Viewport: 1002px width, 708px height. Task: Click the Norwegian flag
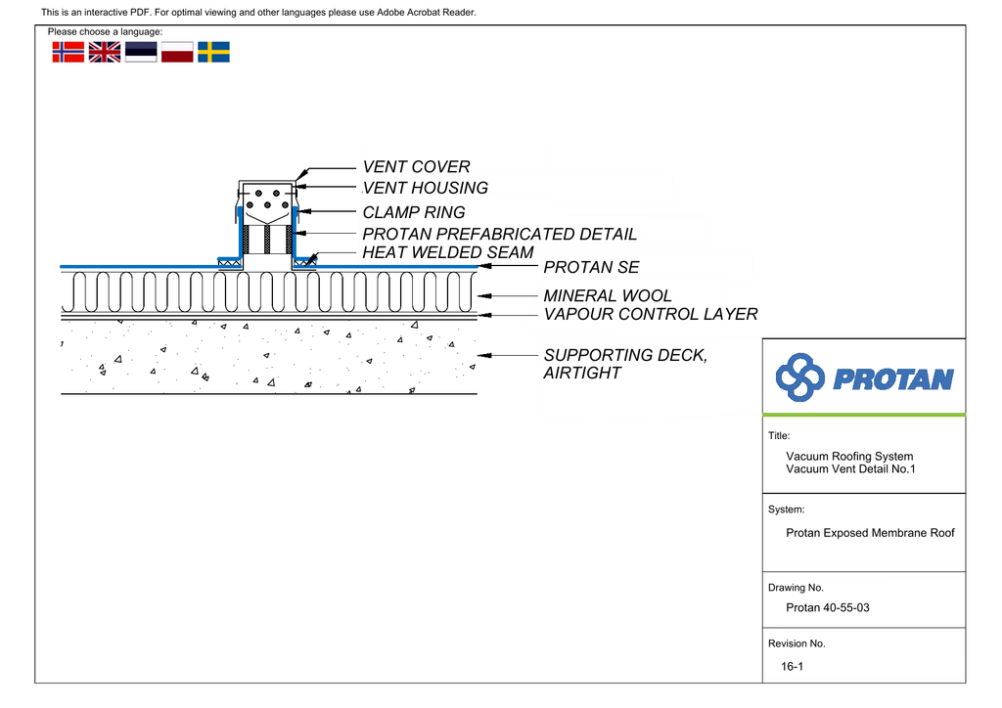tap(68, 52)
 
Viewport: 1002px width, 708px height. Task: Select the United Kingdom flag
tap(104, 52)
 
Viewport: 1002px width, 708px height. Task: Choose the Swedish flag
tap(213, 52)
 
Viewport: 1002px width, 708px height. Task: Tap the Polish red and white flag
tap(177, 52)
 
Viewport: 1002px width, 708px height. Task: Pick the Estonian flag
tap(141, 52)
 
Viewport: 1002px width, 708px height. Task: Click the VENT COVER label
tap(417, 166)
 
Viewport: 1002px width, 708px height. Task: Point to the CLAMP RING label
tap(414, 212)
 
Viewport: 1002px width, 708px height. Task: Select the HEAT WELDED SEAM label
tap(448, 253)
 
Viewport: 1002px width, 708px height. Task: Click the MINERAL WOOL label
tap(608, 295)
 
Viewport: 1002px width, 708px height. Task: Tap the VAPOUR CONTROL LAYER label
tap(651, 314)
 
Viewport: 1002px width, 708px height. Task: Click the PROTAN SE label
tap(591, 267)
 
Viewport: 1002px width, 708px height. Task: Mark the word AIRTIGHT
tap(582, 373)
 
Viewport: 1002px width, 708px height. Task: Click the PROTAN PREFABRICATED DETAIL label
tap(500, 234)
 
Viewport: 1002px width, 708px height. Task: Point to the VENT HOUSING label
tap(426, 188)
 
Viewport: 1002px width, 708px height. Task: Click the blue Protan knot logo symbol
tap(799, 377)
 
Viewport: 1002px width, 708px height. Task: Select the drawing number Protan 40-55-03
tap(828, 608)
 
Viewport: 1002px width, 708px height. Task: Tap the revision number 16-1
tap(792, 667)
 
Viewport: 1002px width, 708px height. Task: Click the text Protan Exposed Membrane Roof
tap(870, 533)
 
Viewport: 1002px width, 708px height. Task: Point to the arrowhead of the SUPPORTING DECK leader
tap(483, 356)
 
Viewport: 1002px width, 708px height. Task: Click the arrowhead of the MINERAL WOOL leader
tap(483, 296)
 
